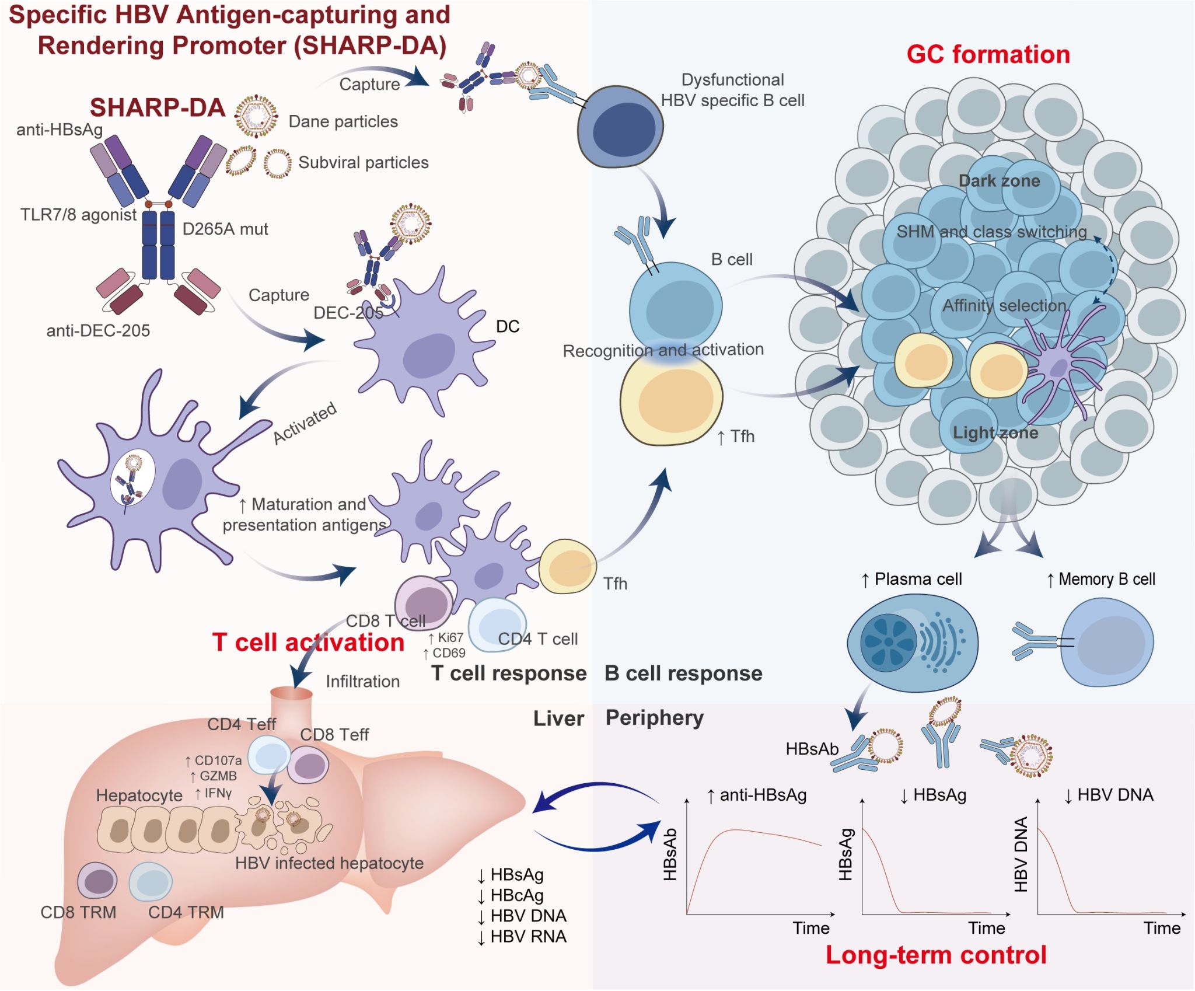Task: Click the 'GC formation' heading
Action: pos(988,55)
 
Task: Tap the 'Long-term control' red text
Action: pos(935,955)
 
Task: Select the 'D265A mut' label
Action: pos(225,229)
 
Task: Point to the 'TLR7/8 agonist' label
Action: pos(78,215)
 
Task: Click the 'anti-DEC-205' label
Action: pos(98,331)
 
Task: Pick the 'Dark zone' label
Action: pos(999,181)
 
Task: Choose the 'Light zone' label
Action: pos(995,432)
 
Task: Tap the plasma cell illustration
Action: pos(912,642)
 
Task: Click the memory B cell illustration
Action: pos(1106,643)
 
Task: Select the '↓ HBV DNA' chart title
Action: pos(1108,795)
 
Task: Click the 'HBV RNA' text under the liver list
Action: pos(528,937)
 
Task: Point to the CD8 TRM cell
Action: pos(97,881)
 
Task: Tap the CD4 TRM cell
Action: pos(151,882)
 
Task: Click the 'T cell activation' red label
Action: pos(308,643)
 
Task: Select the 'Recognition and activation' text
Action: pos(663,350)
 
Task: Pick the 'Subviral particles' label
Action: pos(363,162)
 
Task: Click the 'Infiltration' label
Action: pos(362,681)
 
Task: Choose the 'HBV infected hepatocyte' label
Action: pos(329,863)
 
